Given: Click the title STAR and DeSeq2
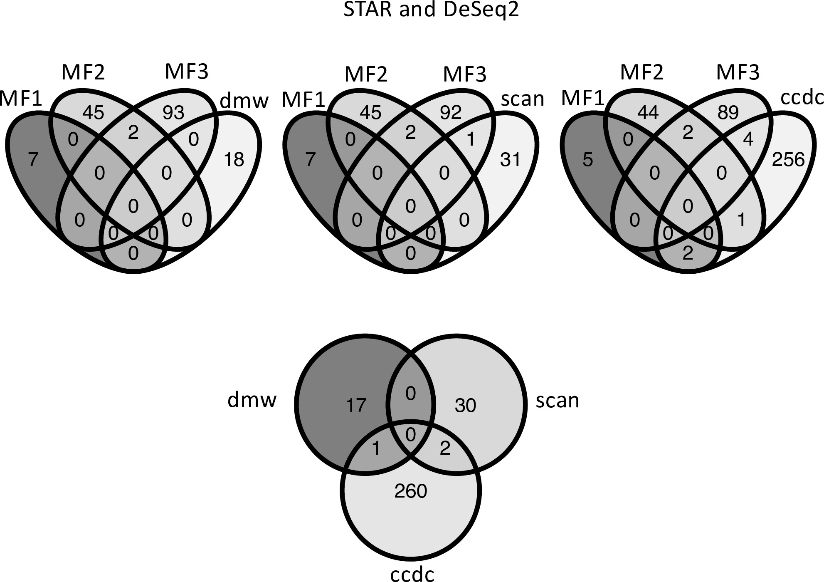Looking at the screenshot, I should click(x=431, y=9).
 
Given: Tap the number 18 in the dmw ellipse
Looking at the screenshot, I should click(x=234, y=160).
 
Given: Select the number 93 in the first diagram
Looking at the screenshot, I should click(x=173, y=113).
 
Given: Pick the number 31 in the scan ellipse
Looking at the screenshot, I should click(x=510, y=160).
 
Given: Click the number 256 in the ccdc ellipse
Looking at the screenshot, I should click(x=788, y=160).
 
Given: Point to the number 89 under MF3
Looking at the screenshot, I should click(x=728, y=113).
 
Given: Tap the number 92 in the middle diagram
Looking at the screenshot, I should click(x=451, y=113).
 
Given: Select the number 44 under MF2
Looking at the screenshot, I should click(x=648, y=113).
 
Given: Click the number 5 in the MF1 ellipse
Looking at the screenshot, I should click(x=587, y=160).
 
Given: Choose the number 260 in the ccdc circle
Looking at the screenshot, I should click(x=411, y=491).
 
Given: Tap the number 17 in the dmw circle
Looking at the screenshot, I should click(x=356, y=405).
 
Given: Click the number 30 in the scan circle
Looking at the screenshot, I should click(x=465, y=405).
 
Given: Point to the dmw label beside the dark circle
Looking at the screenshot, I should click(x=252, y=400).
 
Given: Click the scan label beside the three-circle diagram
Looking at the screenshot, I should click(x=557, y=400).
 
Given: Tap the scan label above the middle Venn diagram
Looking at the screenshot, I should click(x=522, y=99).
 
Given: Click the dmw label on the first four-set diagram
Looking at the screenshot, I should click(x=244, y=100).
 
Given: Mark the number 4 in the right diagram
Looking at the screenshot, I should click(x=748, y=140).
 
